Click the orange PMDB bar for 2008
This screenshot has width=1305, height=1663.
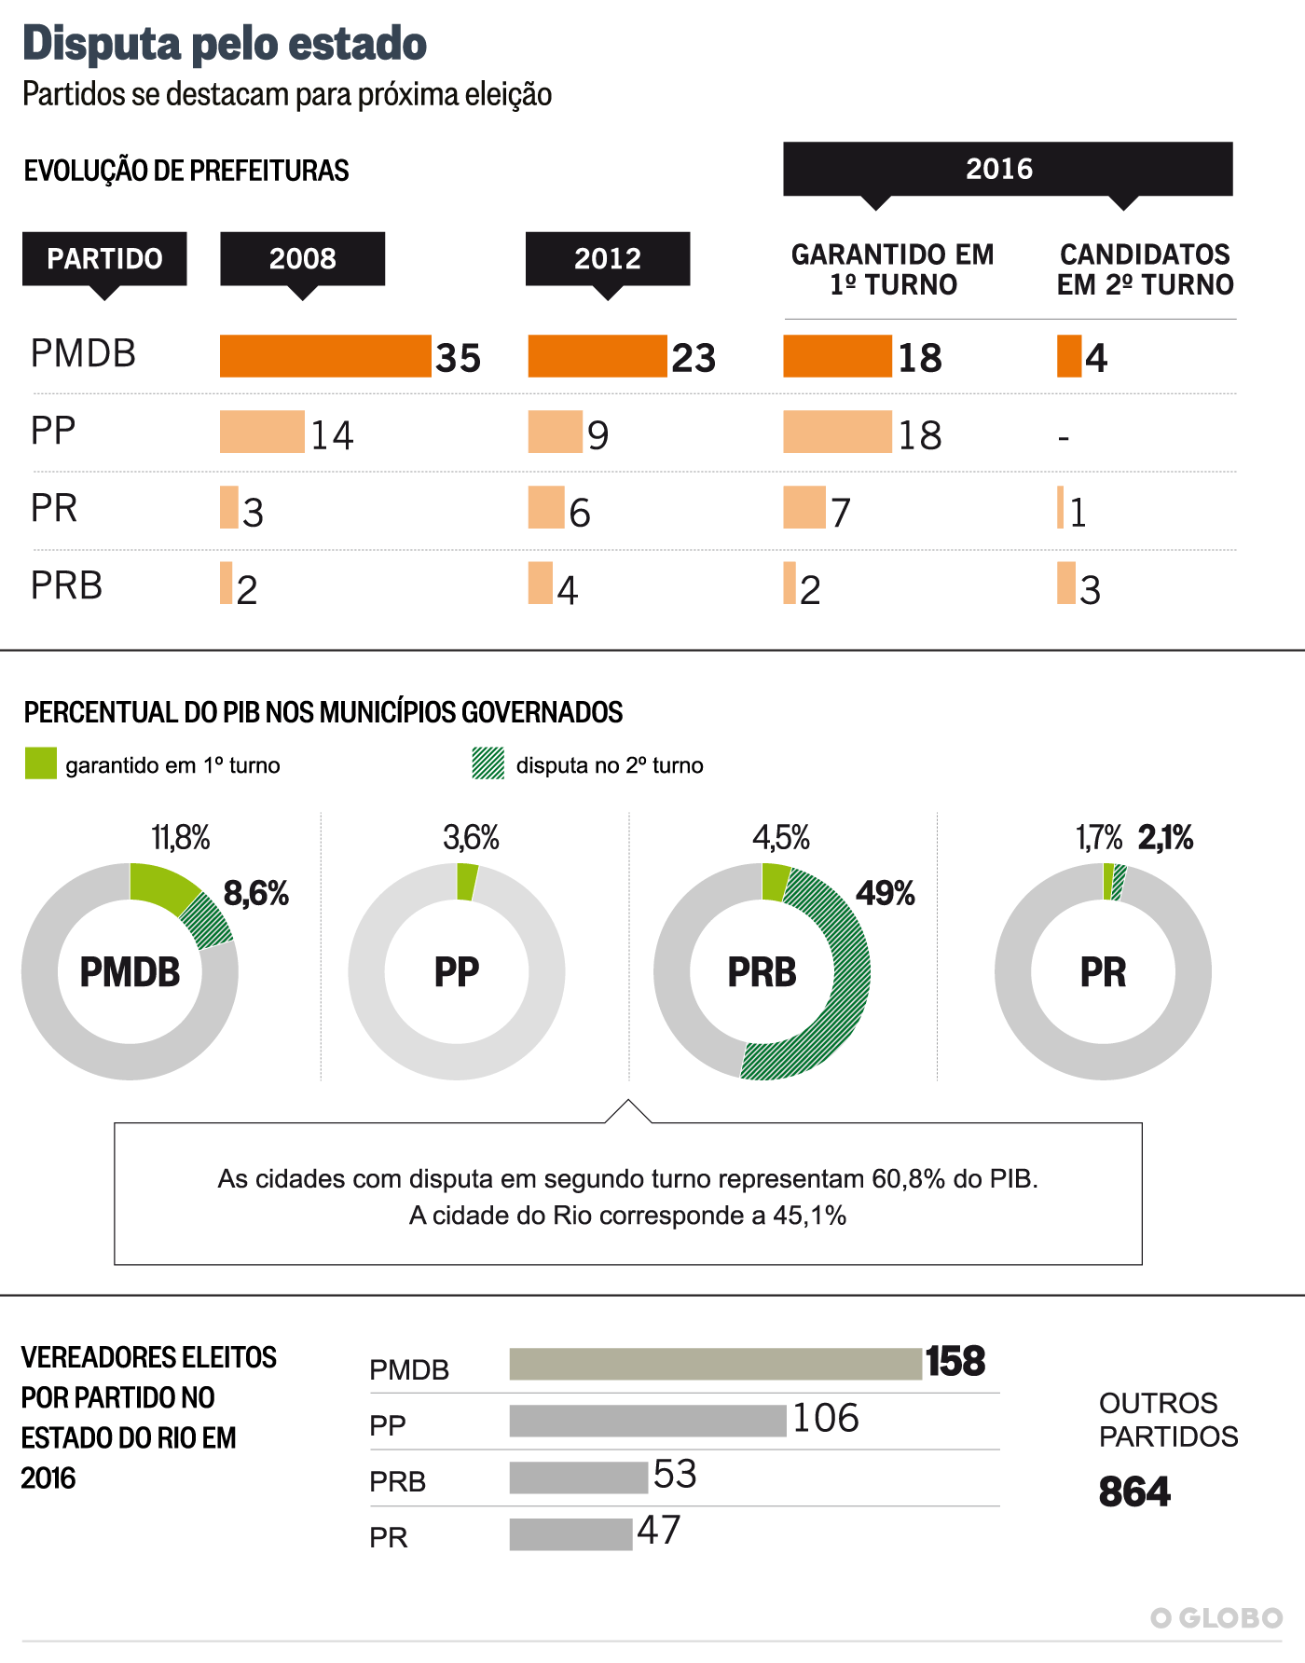coord(325,356)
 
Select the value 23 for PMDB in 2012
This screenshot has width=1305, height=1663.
coord(694,358)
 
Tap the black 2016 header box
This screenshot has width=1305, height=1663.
coord(1008,169)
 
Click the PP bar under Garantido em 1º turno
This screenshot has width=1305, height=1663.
coord(837,432)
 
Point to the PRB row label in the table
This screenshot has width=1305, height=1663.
coord(66,585)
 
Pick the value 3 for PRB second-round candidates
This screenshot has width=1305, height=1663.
coord(1090,590)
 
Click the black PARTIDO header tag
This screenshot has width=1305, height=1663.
coord(104,258)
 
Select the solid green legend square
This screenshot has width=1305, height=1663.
coord(41,763)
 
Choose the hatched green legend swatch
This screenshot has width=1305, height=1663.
coord(488,763)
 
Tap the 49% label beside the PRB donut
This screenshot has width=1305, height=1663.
coord(885,893)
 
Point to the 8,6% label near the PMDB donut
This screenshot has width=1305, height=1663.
coord(255,893)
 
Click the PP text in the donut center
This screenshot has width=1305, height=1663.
coord(457,972)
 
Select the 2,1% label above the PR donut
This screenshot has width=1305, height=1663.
coord(1165,838)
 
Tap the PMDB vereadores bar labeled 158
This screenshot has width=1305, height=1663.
coord(715,1364)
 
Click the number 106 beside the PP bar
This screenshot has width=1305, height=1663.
coord(825,1419)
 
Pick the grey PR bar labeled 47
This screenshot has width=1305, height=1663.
coord(570,1534)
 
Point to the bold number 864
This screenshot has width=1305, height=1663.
coord(1134,1491)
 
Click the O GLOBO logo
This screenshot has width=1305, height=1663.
coord(1216,1618)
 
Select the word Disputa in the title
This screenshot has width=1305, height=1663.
coord(102,44)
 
